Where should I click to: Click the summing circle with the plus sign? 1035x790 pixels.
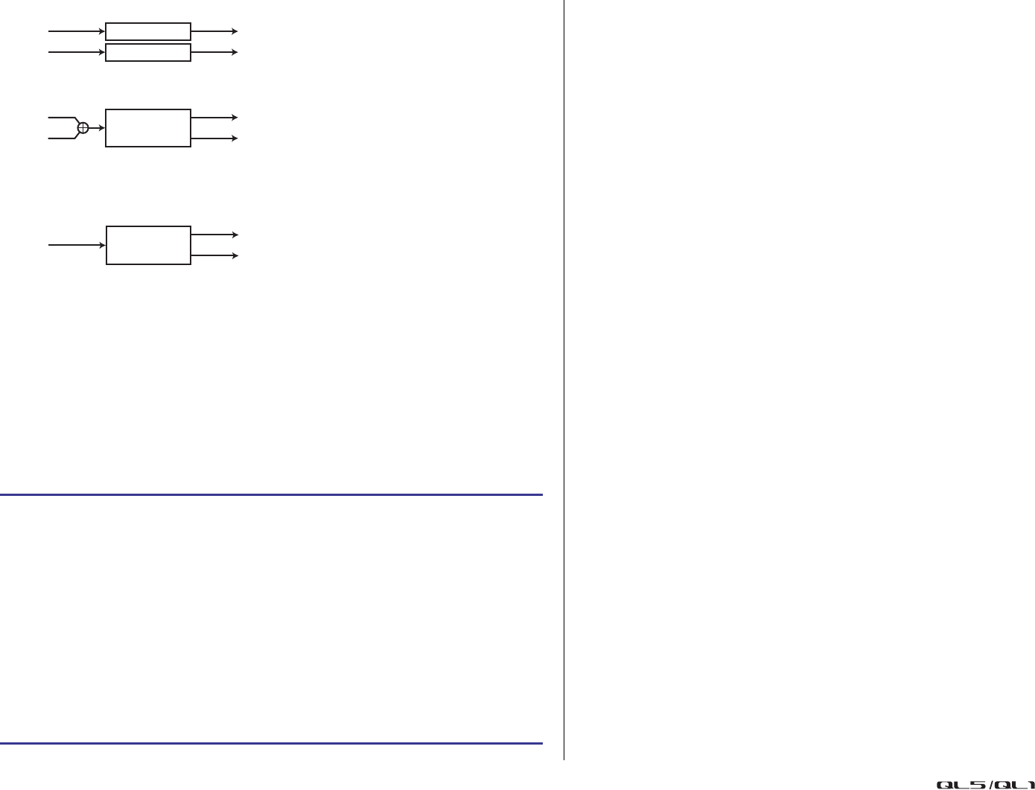pyautogui.click(x=83, y=128)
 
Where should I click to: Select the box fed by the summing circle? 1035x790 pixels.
pyautogui.click(x=148, y=128)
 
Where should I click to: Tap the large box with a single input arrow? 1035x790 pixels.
pyautogui.click(x=148, y=245)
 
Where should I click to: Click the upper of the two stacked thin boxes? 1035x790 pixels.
pyautogui.click(x=148, y=31)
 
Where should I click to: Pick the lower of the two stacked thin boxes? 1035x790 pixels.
pyautogui.click(x=148, y=52)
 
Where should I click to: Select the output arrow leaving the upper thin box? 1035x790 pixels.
pyautogui.click(x=214, y=31)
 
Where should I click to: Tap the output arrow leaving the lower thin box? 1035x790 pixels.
pyautogui.click(x=214, y=52)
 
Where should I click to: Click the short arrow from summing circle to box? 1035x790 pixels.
pyautogui.click(x=97, y=128)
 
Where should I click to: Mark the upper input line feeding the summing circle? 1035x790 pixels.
pyautogui.click(x=61, y=118)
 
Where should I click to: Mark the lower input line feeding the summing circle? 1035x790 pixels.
pyautogui.click(x=61, y=138)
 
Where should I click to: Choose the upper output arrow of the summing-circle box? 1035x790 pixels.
pyautogui.click(x=214, y=118)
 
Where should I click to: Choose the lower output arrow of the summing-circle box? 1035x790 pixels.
pyautogui.click(x=214, y=138)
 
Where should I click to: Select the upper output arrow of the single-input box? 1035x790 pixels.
pyautogui.click(x=214, y=235)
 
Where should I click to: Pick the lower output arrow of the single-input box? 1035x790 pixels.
pyautogui.click(x=214, y=255)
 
